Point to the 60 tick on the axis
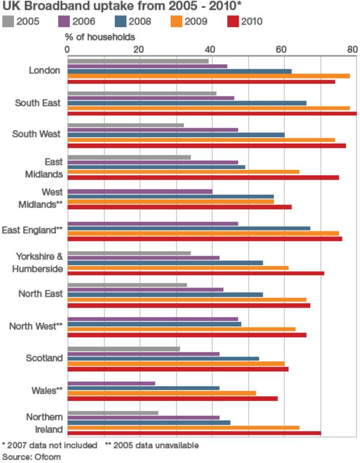coord(281,50)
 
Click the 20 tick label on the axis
coord(138,50)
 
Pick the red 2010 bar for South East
coord(212,114)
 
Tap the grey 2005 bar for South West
coord(126,125)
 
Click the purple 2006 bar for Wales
coord(111,383)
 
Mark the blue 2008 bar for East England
coord(189,228)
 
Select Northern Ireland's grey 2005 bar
coord(113,413)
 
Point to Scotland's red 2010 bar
coord(178,369)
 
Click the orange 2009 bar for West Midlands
coord(171,201)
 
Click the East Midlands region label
coord(44,167)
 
